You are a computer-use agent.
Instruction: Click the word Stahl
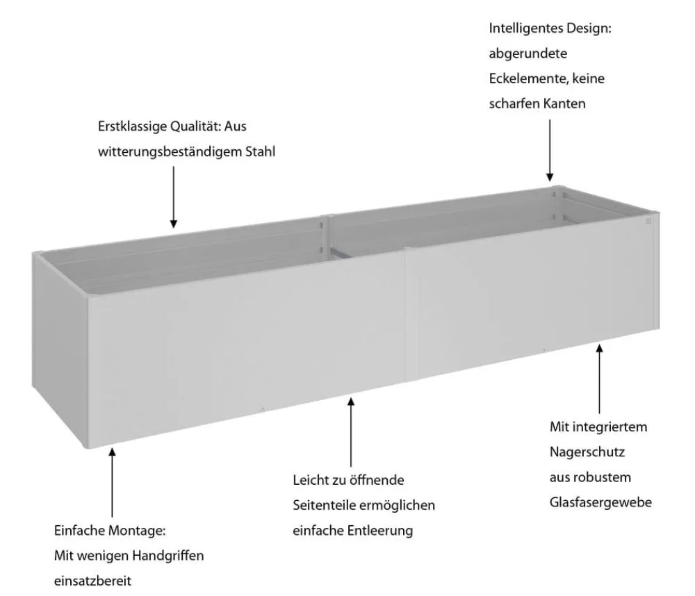[x=260, y=151]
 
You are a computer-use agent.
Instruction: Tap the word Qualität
[x=196, y=126]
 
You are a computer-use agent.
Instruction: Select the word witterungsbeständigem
[x=170, y=152]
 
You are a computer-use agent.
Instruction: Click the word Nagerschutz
[x=587, y=452]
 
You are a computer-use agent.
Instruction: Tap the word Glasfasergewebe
[x=600, y=502]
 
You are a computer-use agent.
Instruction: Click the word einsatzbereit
[x=92, y=581]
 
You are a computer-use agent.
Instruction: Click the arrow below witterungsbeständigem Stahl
[x=174, y=197]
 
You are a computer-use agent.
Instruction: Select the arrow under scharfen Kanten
[x=550, y=150]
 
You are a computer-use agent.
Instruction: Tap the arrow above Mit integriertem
[x=599, y=379]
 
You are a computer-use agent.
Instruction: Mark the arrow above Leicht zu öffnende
[x=351, y=432]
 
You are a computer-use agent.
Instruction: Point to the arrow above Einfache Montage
[x=112, y=482]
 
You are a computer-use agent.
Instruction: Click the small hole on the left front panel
[x=263, y=409]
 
